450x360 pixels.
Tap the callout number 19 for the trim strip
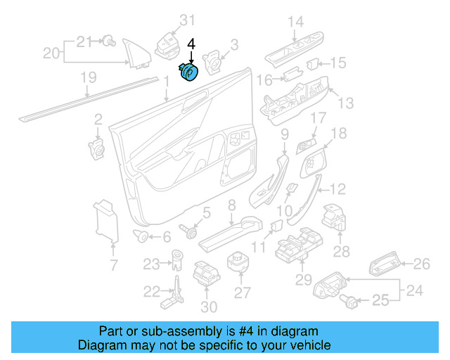click(x=88, y=78)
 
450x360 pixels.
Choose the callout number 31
click(x=169, y=20)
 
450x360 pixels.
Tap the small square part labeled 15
click(x=315, y=63)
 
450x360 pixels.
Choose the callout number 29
click(x=302, y=281)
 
